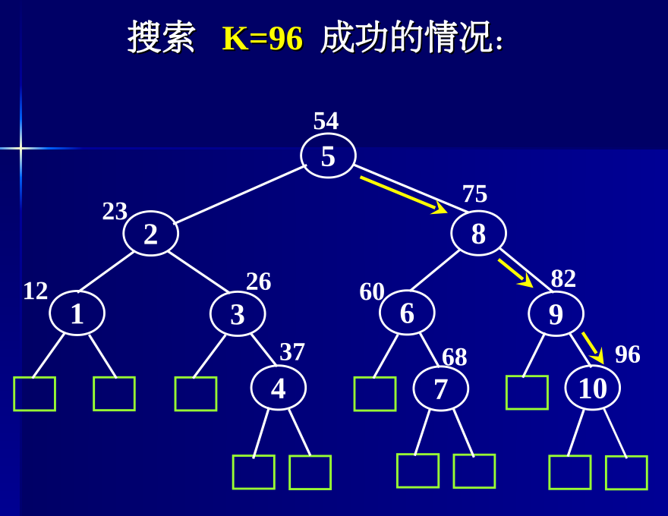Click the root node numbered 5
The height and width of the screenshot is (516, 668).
tap(328, 156)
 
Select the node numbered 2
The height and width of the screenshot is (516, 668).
tap(150, 234)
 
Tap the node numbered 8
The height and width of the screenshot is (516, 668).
tap(478, 233)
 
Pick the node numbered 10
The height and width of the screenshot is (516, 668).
tap(592, 388)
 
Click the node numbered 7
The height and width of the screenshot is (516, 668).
tap(440, 389)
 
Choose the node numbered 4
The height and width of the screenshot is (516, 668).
tap(278, 388)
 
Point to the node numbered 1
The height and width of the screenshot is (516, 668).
tap(77, 313)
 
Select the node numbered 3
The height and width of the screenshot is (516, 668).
tap(238, 313)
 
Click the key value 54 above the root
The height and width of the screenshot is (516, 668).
tap(326, 121)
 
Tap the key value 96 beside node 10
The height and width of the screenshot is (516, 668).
tap(627, 354)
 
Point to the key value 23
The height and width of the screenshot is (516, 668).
tap(115, 211)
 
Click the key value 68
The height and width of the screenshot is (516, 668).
tap(454, 357)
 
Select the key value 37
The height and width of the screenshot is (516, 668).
tap(291, 352)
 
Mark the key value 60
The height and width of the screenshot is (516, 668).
tap(371, 291)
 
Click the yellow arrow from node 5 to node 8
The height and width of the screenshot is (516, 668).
tap(402, 194)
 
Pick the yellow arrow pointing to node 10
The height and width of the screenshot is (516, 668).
tap(592, 346)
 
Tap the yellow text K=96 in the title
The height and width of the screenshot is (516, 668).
tap(262, 39)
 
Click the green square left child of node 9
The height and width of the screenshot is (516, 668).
tap(527, 392)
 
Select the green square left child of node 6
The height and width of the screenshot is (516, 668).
tap(374, 394)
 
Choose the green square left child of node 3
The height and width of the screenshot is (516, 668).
tap(195, 394)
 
